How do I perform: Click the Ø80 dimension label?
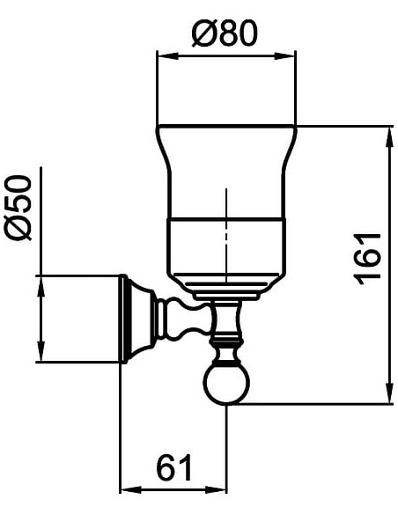coord(225,33)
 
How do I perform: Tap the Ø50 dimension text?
coord(18,208)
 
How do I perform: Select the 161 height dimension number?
coord(368,259)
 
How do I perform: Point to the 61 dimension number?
coord(173,466)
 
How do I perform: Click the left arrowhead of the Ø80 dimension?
coord(168,55)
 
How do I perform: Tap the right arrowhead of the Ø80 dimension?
coord(285,55)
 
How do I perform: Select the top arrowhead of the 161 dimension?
coord(389,137)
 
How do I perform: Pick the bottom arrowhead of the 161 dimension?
coord(389,393)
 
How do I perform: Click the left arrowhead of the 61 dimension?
coord(130,490)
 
